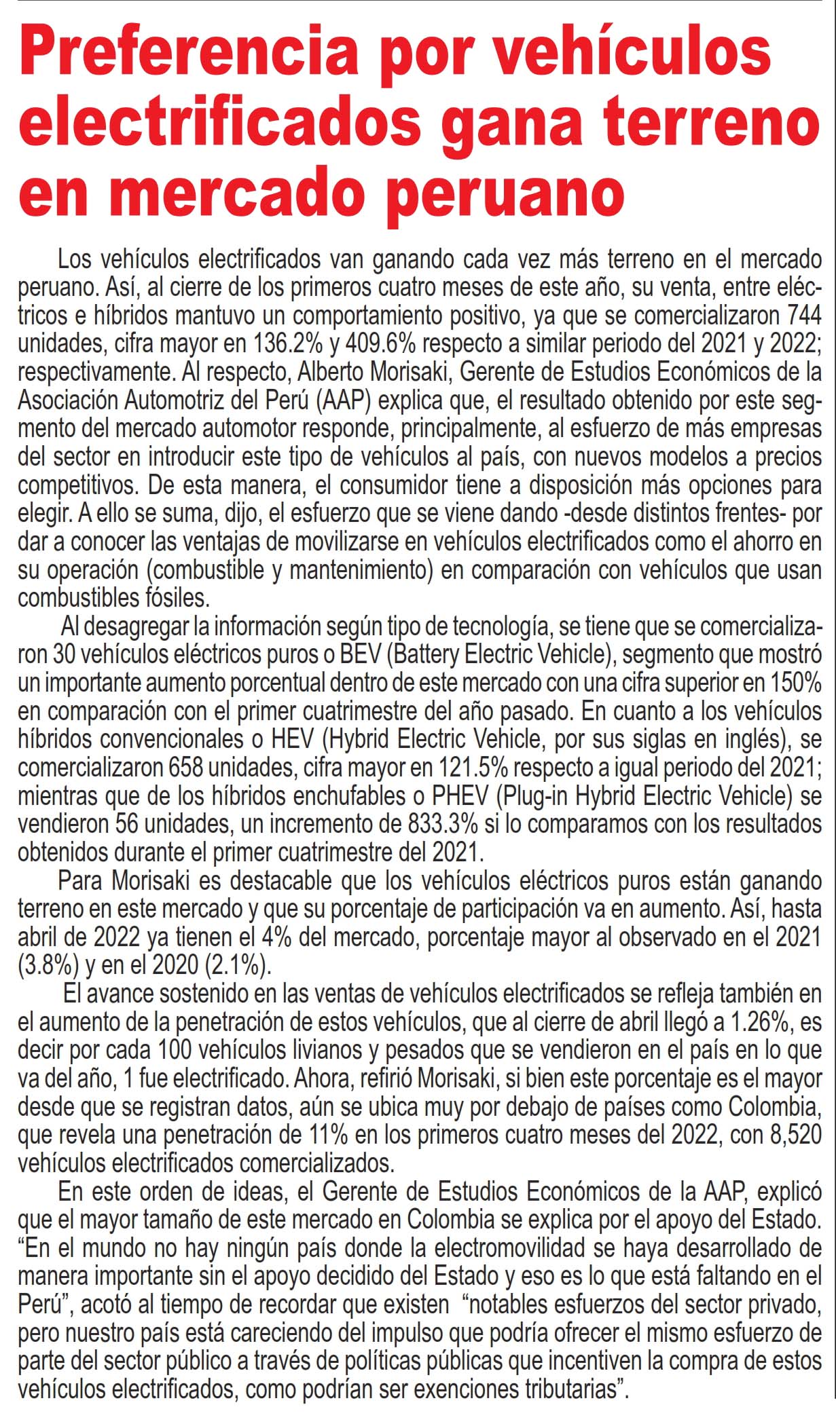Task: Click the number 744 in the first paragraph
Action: (x=804, y=316)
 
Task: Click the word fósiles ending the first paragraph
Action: (x=176, y=599)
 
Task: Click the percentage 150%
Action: (x=796, y=682)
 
